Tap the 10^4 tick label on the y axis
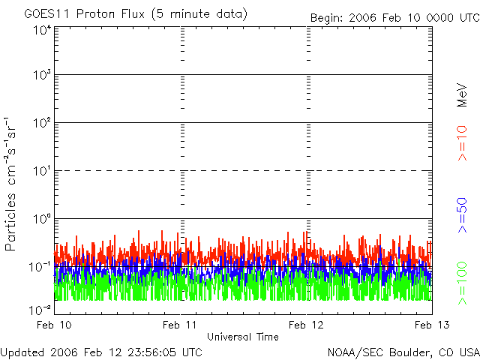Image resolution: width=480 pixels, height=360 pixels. [42, 31]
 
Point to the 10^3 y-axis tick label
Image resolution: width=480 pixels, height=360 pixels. [42, 76]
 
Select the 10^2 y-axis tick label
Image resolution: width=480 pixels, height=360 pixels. [42, 124]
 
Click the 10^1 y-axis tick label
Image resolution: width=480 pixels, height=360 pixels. [42, 172]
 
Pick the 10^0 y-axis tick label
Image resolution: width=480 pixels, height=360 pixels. [42, 220]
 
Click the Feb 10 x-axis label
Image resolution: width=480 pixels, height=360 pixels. [55, 324]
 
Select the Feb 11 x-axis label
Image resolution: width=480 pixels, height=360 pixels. [181, 324]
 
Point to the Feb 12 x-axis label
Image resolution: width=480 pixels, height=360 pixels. [307, 324]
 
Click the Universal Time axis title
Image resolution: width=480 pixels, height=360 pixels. [243, 337]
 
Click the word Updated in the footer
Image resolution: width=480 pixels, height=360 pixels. [22, 352]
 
